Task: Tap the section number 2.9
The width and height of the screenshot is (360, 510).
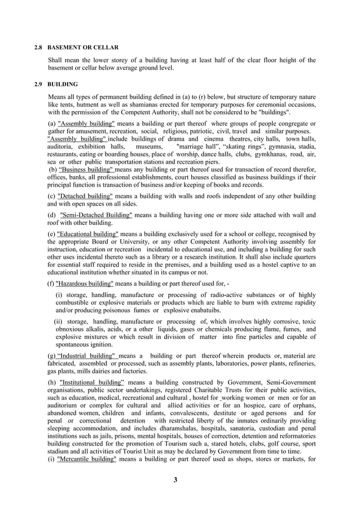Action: pos(38,84)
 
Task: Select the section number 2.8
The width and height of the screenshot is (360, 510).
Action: pos(38,47)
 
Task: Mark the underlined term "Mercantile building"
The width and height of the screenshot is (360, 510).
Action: pos(87,460)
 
